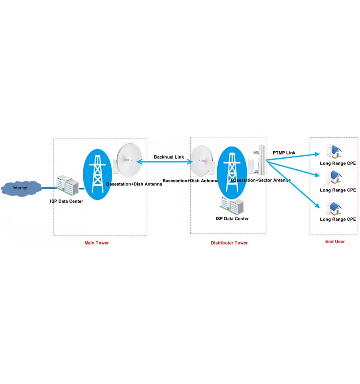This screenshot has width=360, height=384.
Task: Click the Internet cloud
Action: (x=21, y=188)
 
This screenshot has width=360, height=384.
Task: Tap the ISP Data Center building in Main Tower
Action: (x=67, y=185)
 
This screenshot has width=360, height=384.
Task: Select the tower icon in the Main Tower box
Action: (x=97, y=174)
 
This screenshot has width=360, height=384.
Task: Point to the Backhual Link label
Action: (x=169, y=157)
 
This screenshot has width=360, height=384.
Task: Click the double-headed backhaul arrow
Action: (x=164, y=162)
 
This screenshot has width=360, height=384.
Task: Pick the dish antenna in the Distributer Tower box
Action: (x=202, y=161)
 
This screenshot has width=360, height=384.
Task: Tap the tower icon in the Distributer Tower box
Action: (x=232, y=173)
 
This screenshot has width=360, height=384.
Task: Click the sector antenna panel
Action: (x=261, y=159)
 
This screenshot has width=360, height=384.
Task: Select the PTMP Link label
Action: (x=284, y=153)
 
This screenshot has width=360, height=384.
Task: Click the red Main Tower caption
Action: (x=97, y=243)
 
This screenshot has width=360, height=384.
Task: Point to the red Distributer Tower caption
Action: (x=229, y=243)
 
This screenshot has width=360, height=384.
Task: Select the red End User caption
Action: (x=335, y=241)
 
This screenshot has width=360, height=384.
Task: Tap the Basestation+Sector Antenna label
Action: (x=261, y=180)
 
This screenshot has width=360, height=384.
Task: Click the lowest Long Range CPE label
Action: (x=338, y=219)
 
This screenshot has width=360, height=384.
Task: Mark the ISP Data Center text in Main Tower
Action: (x=66, y=201)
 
